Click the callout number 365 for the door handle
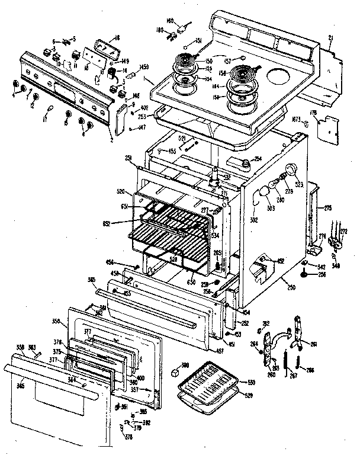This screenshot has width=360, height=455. (21, 386)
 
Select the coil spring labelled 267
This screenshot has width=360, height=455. (287, 361)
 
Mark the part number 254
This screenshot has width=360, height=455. (258, 159)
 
